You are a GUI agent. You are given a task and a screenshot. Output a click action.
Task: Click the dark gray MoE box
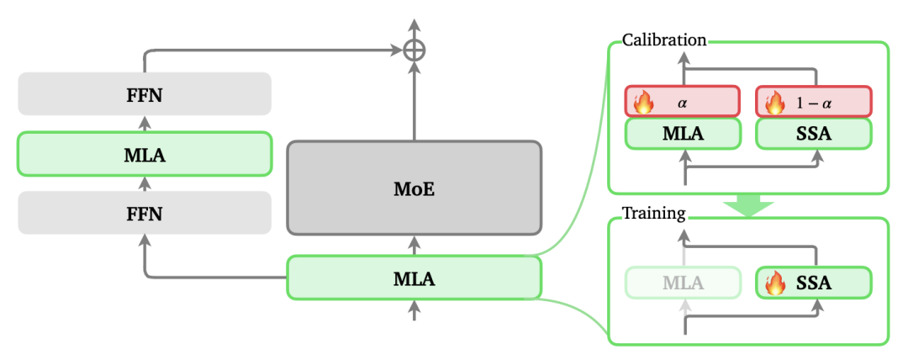(x=414, y=187)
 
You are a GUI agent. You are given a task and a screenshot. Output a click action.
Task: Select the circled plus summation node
(x=414, y=50)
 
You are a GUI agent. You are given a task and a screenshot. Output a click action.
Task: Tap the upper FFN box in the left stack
(x=144, y=93)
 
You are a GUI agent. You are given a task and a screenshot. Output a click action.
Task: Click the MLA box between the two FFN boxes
(x=144, y=153)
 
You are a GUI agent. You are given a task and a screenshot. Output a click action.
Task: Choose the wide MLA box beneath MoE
(x=414, y=278)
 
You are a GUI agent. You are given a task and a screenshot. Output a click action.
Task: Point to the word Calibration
(x=663, y=40)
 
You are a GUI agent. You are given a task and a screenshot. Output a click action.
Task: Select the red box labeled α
(x=682, y=102)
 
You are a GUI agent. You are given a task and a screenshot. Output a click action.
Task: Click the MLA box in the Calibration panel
(x=682, y=134)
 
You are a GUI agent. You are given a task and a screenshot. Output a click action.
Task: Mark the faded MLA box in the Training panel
(x=682, y=283)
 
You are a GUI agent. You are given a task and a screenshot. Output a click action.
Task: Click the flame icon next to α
(x=643, y=103)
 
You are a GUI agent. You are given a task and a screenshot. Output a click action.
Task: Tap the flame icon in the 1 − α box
(x=774, y=103)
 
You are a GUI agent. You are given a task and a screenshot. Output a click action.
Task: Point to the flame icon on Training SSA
(x=774, y=283)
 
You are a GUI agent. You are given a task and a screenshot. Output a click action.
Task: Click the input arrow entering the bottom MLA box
(x=414, y=311)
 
